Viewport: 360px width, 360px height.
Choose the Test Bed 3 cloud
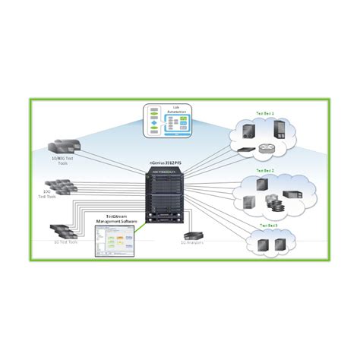[272, 241]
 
